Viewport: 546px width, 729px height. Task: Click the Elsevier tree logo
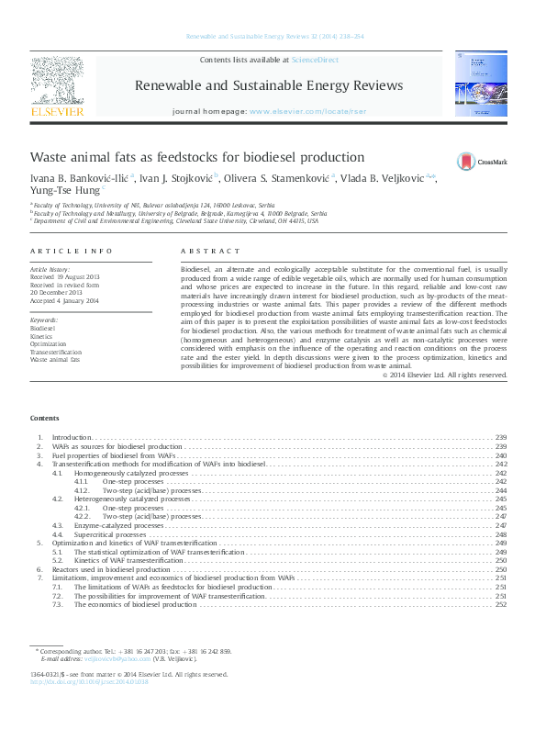tap(58, 82)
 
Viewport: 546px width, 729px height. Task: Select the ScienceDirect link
tap(314, 60)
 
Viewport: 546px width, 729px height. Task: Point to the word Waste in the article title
tap(49, 157)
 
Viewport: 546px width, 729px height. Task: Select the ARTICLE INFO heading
tap(71, 250)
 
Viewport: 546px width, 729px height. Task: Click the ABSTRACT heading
tap(203, 250)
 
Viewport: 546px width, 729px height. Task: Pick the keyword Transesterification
tap(55, 352)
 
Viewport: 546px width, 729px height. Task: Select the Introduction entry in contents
tap(72, 438)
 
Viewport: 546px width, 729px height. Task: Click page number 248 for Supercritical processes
tap(501, 534)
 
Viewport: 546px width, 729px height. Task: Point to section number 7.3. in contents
tap(57, 605)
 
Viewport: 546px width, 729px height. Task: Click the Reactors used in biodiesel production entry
tap(124, 569)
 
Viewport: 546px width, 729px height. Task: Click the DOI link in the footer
tap(89, 682)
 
